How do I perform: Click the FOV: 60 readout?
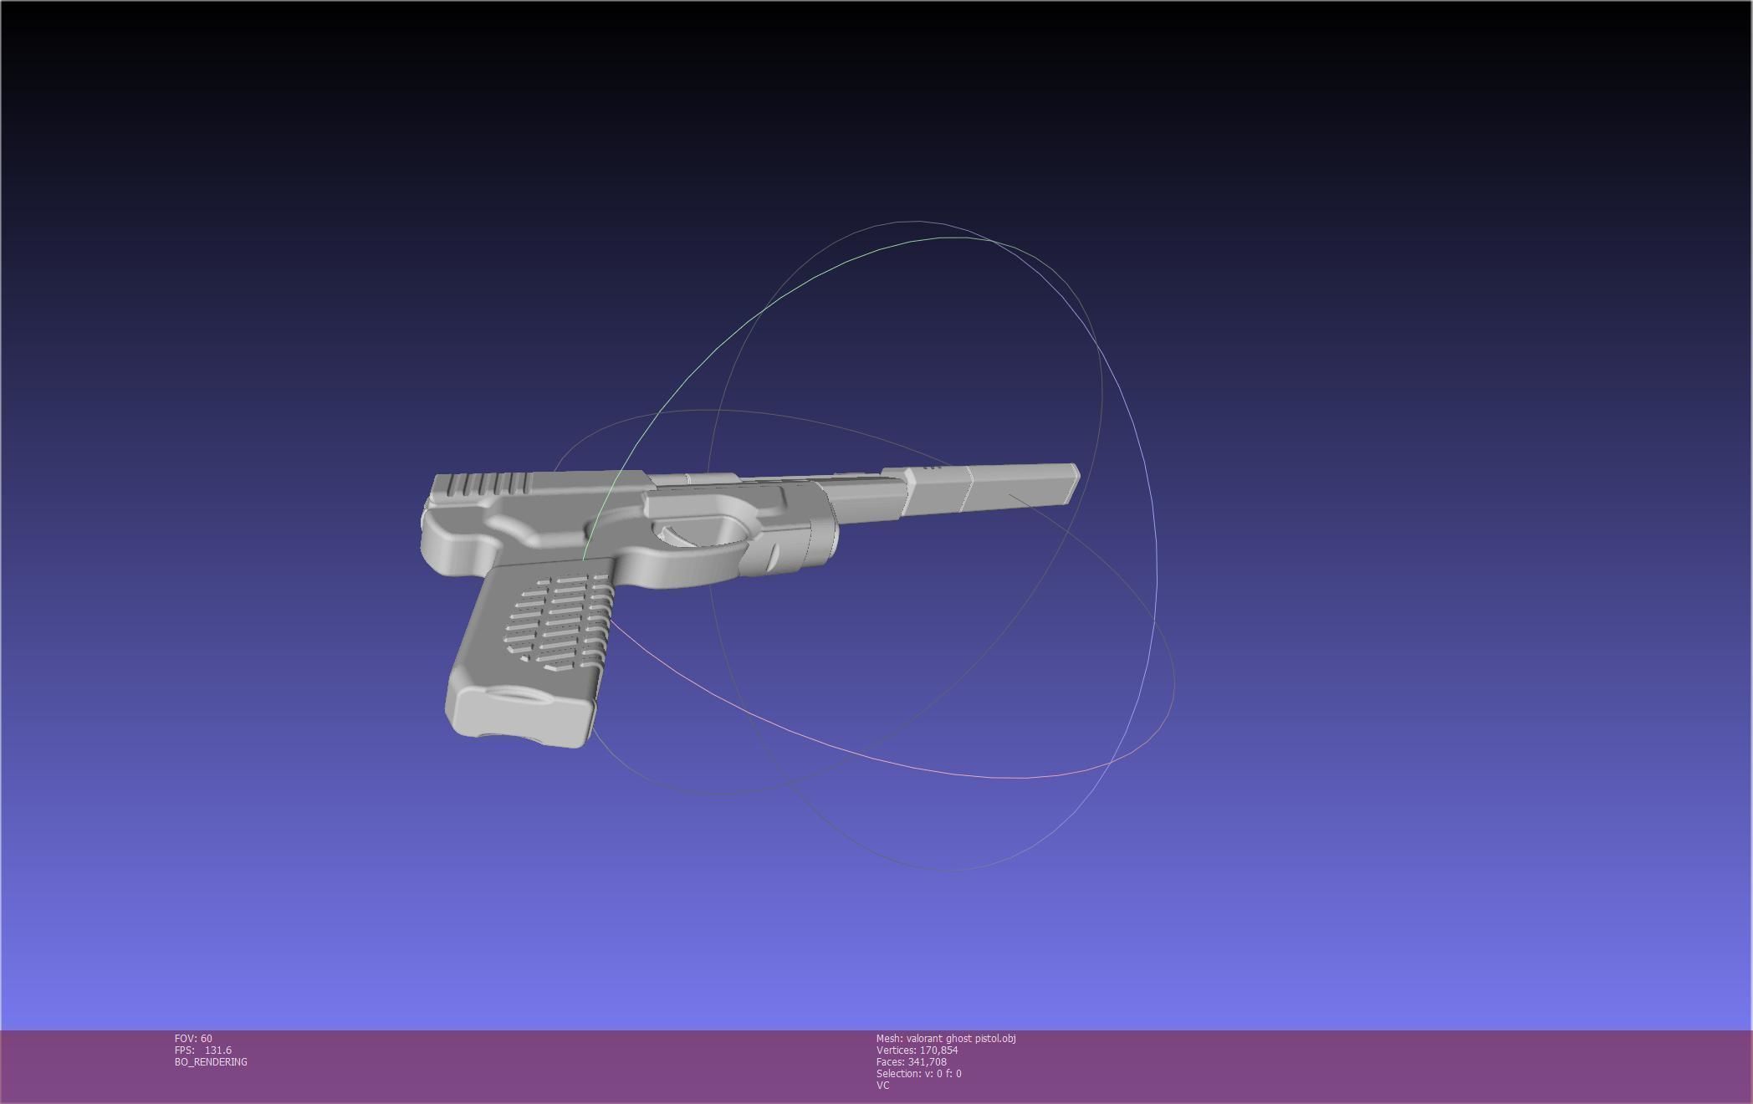pyautogui.click(x=193, y=1038)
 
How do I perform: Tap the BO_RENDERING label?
pyautogui.click(x=211, y=1061)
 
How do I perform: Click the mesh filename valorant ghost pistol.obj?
pyautogui.click(x=960, y=1038)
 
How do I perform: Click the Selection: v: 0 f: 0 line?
pyautogui.click(x=918, y=1073)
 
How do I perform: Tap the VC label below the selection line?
pyautogui.click(x=882, y=1085)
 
